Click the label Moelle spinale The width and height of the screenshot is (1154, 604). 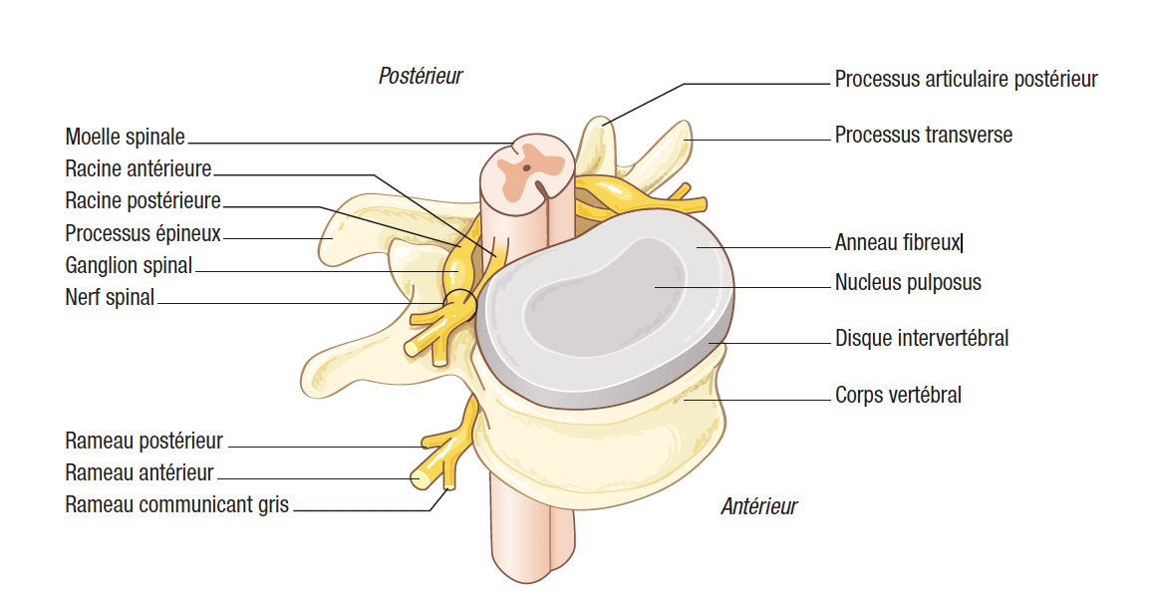(125, 137)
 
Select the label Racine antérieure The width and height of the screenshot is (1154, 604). (138, 169)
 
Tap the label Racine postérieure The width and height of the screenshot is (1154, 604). (143, 201)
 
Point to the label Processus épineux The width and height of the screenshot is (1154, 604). (143, 234)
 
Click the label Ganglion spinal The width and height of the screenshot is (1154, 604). (129, 266)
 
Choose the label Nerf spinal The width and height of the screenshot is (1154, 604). (110, 297)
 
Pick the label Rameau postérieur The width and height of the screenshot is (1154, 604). (144, 441)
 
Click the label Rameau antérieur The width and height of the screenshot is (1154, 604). (140, 472)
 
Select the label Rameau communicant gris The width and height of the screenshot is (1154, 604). (176, 504)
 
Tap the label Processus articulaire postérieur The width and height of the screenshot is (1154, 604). (966, 79)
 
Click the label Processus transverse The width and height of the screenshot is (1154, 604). (923, 135)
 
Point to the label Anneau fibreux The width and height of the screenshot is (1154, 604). (897, 242)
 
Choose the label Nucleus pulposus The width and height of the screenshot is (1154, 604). (907, 283)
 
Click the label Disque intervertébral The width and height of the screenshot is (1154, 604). (921, 339)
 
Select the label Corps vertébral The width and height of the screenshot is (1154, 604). (897, 396)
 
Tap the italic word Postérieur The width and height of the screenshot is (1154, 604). (421, 76)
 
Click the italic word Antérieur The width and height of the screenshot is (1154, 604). (758, 507)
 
